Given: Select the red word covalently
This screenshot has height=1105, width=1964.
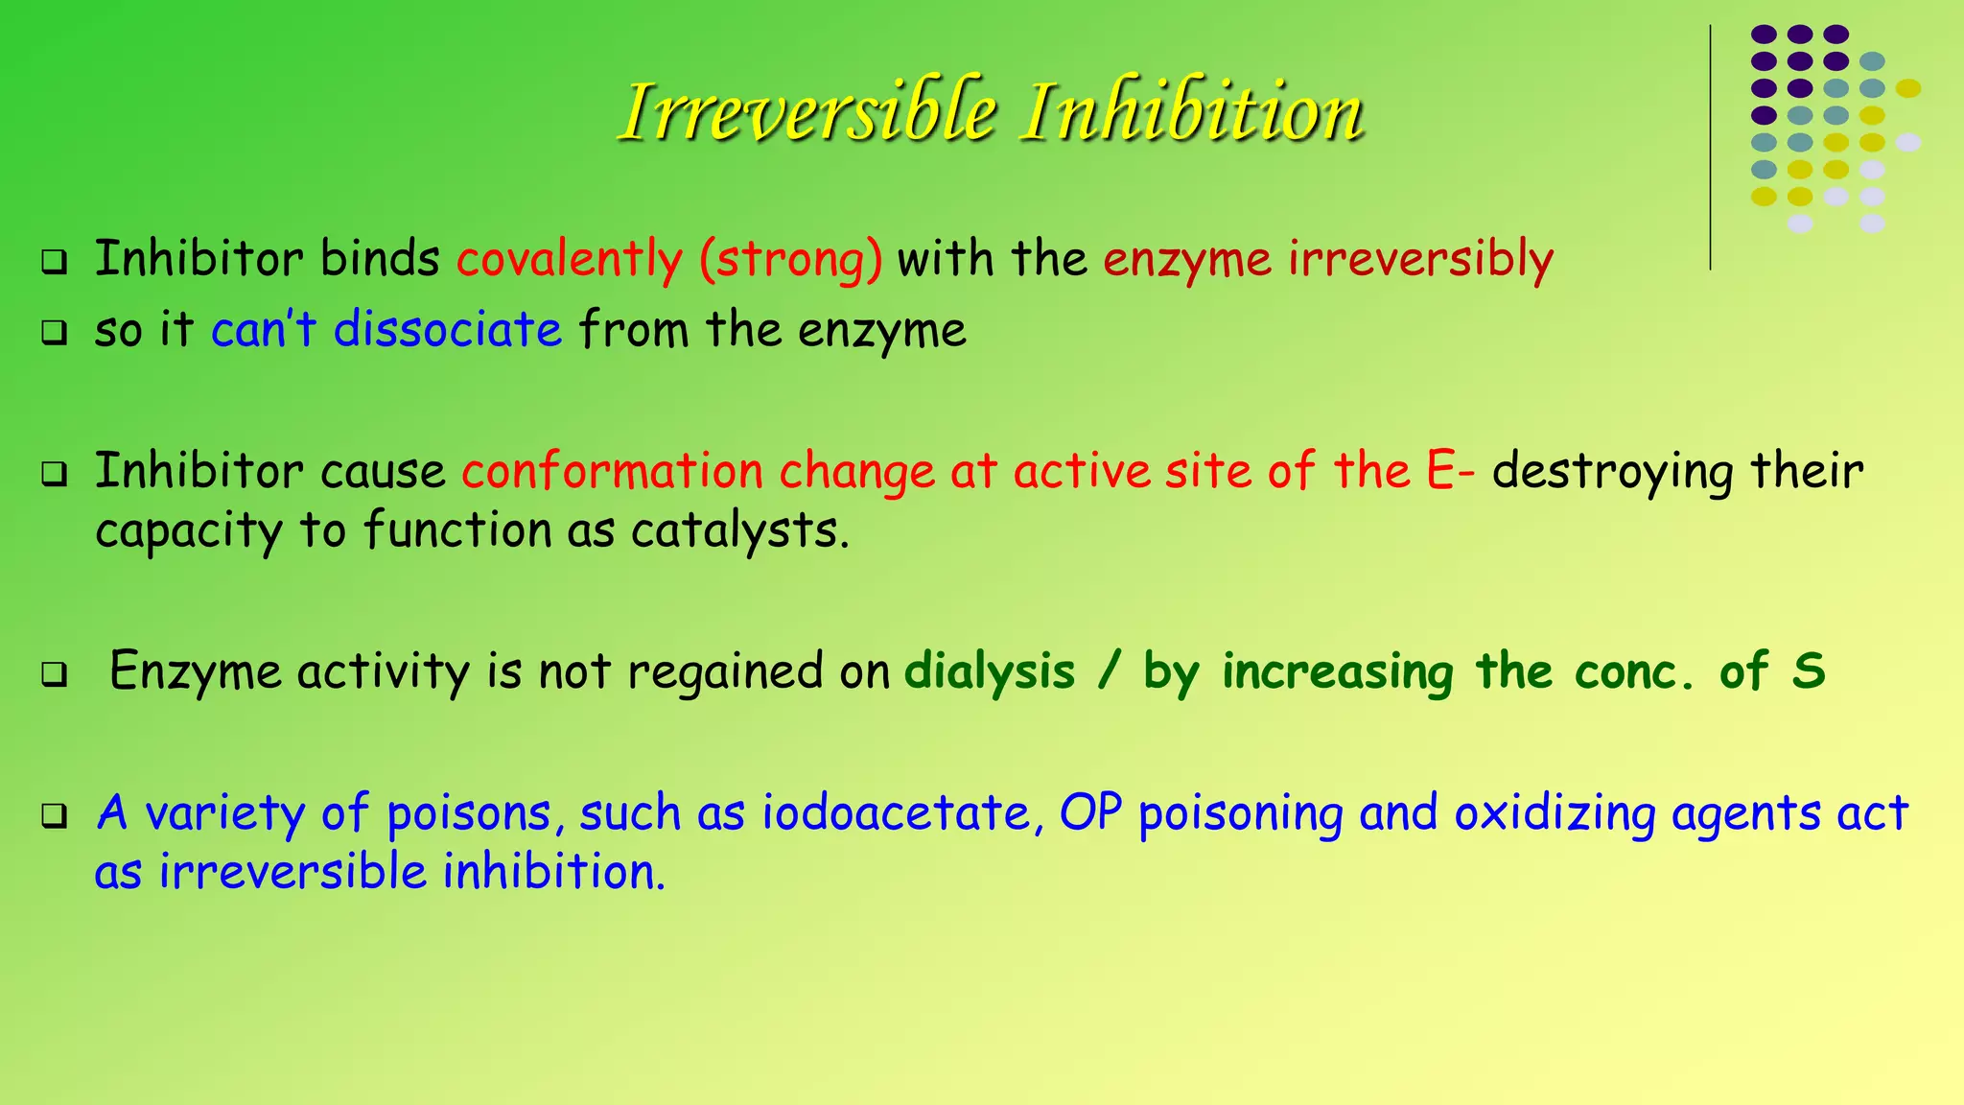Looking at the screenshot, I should pyautogui.click(x=570, y=260).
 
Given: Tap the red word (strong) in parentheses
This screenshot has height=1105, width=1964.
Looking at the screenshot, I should pyautogui.click(x=790, y=260).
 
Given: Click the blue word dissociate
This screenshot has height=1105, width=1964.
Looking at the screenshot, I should pyautogui.click(x=448, y=330).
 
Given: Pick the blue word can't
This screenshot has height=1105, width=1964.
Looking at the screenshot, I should pyautogui.click(x=263, y=330).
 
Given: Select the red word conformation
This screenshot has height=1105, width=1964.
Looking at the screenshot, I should pyautogui.click(x=613, y=472).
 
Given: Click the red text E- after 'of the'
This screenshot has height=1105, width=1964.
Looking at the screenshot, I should pyautogui.click(x=1450, y=472).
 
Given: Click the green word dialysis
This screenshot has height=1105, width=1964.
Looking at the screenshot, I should pyautogui.click(x=990, y=671).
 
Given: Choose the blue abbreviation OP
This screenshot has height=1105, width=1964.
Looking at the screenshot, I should pyautogui.click(x=1090, y=813).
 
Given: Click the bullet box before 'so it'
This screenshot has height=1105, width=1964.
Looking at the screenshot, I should pyautogui.click(x=55, y=333).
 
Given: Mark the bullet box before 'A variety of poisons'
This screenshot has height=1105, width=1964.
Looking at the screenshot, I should pyautogui.click(x=55, y=816).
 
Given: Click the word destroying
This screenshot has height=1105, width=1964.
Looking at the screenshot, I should pyautogui.click(x=1612, y=472).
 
